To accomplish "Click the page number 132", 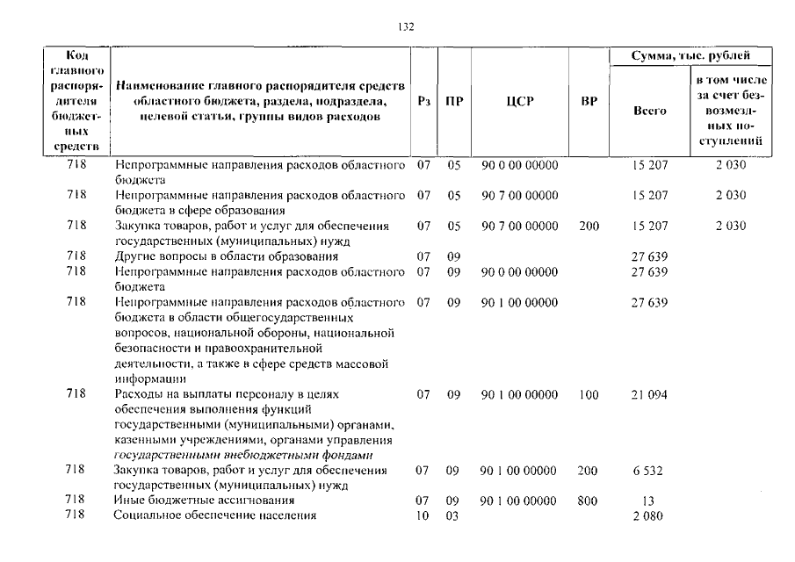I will tap(406, 27).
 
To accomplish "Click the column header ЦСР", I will tap(520, 102).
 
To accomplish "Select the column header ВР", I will tap(589, 102).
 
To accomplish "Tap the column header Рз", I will tap(424, 102).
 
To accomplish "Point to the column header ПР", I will tap(453, 102).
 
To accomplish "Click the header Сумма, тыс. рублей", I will tap(691, 56).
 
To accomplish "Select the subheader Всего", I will tap(650, 111).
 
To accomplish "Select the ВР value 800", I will tap(589, 501).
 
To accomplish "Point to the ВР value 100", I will tap(589, 395).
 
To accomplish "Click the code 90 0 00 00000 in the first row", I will tap(520, 165).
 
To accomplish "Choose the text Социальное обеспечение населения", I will tap(214, 515).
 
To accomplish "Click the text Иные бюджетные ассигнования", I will tap(203, 501).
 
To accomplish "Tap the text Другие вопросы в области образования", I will tap(226, 256).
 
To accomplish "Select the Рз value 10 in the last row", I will tap(423, 515).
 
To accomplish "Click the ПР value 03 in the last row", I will tap(453, 515).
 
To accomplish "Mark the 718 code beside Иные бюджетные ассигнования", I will tap(76, 501).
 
